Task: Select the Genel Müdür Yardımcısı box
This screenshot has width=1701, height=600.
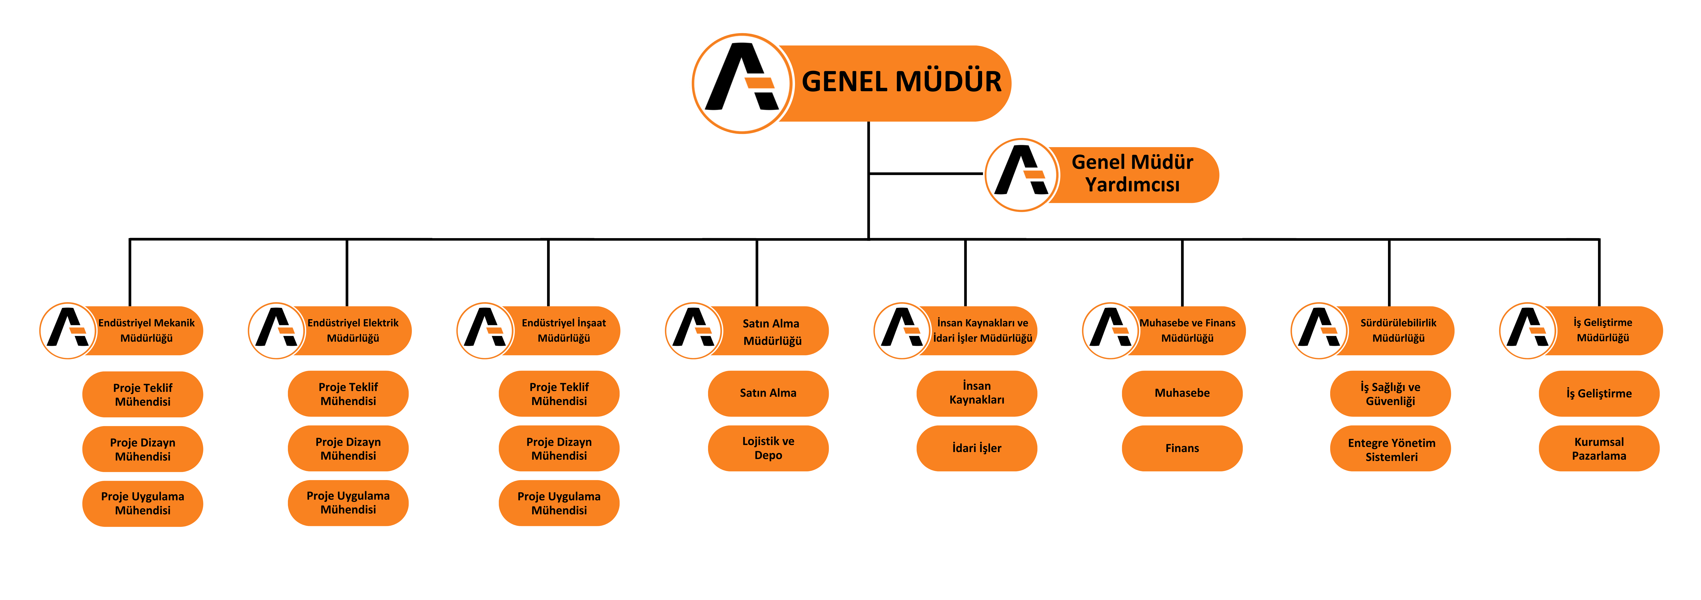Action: pos(1132,174)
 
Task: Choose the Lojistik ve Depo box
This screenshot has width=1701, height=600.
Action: pos(768,448)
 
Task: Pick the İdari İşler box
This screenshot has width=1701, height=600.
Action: pos(977,448)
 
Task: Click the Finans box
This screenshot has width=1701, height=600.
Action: pos(1182,448)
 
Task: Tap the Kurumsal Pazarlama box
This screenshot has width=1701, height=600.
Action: pos(1599,448)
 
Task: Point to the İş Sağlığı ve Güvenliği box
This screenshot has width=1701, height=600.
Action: pos(1391,393)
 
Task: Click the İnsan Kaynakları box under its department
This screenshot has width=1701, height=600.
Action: pos(977,393)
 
